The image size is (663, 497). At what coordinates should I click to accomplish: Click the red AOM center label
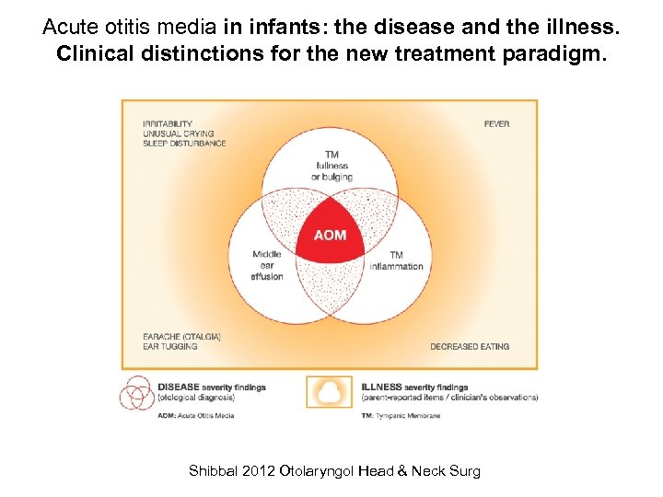(330, 235)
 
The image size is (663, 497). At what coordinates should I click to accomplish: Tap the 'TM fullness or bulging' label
(330, 166)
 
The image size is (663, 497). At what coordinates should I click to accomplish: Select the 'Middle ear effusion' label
(267, 265)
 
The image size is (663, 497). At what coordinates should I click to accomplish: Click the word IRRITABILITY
(168, 124)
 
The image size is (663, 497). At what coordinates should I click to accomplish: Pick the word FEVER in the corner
(496, 124)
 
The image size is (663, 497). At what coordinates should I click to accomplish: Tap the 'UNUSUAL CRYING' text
(178, 133)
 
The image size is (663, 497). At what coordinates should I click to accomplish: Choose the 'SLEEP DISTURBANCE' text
(184, 144)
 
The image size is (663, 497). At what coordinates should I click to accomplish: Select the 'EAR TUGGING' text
(170, 347)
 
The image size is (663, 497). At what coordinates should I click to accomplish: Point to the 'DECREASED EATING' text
(470, 347)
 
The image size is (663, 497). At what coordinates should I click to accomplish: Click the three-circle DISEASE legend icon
(135, 392)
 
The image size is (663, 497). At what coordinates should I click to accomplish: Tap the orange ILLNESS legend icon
(329, 392)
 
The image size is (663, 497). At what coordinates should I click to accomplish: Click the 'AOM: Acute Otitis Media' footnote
(196, 416)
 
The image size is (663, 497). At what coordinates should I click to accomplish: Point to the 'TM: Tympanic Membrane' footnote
(401, 416)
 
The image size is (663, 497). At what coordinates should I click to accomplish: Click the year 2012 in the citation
(256, 471)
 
